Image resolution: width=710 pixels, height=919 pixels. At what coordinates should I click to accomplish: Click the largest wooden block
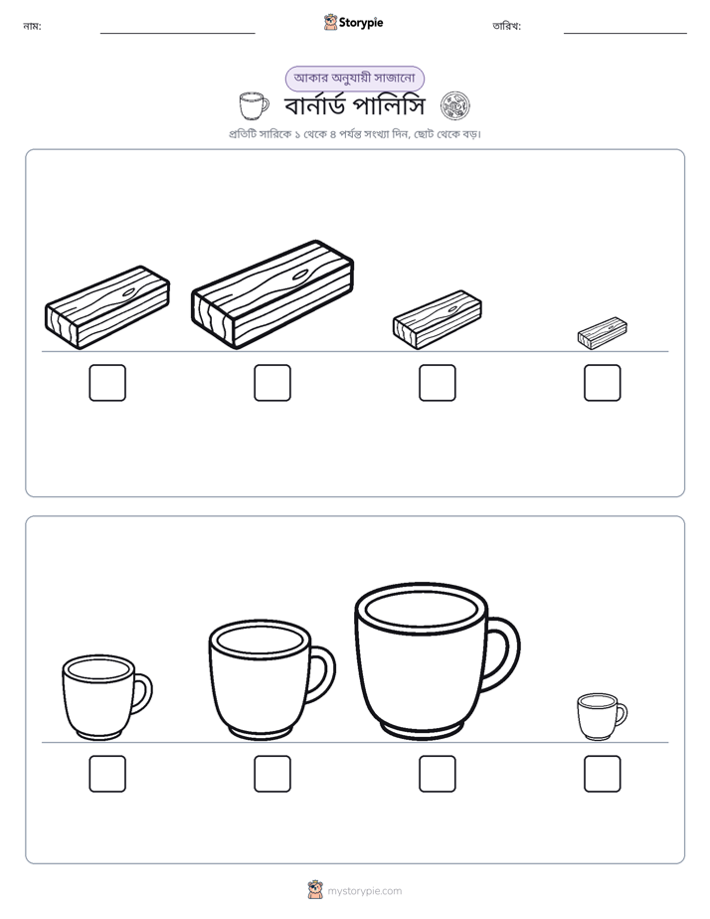click(x=272, y=294)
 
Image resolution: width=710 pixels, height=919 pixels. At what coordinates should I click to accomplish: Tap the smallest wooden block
click(x=603, y=333)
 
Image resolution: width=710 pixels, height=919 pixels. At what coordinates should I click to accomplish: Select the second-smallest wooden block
click(x=437, y=320)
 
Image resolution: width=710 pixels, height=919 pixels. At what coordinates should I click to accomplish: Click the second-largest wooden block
click(x=107, y=307)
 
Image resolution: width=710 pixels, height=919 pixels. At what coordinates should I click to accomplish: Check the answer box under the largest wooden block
click(x=272, y=383)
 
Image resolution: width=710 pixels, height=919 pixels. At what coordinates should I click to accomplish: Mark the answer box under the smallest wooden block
click(x=603, y=383)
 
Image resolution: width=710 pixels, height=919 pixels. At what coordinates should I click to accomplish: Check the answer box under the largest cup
click(x=437, y=774)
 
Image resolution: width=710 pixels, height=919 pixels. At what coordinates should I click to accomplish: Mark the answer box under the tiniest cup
click(x=603, y=774)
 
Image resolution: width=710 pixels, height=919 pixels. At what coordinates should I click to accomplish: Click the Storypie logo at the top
click(x=354, y=23)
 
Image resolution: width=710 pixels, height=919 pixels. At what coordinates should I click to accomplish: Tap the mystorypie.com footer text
click(x=364, y=891)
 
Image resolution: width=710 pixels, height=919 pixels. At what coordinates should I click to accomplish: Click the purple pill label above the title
click(x=354, y=78)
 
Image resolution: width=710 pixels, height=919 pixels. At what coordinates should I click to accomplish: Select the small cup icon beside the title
click(x=254, y=106)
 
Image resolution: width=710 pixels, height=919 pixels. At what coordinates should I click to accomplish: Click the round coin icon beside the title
click(x=455, y=106)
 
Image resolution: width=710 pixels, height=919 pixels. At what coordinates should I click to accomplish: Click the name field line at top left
click(x=177, y=34)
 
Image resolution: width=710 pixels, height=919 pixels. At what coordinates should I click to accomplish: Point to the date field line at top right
click(x=625, y=34)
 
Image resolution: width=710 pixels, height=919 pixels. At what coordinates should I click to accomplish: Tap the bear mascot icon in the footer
click(x=315, y=890)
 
